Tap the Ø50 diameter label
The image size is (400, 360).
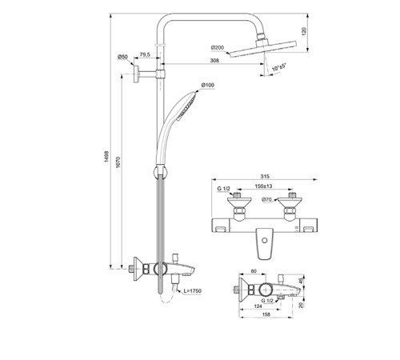coord(122,56)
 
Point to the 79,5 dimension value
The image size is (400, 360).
coord(145,55)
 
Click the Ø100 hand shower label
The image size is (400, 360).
coord(207,86)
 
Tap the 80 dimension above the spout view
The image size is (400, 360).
coord(255,272)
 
